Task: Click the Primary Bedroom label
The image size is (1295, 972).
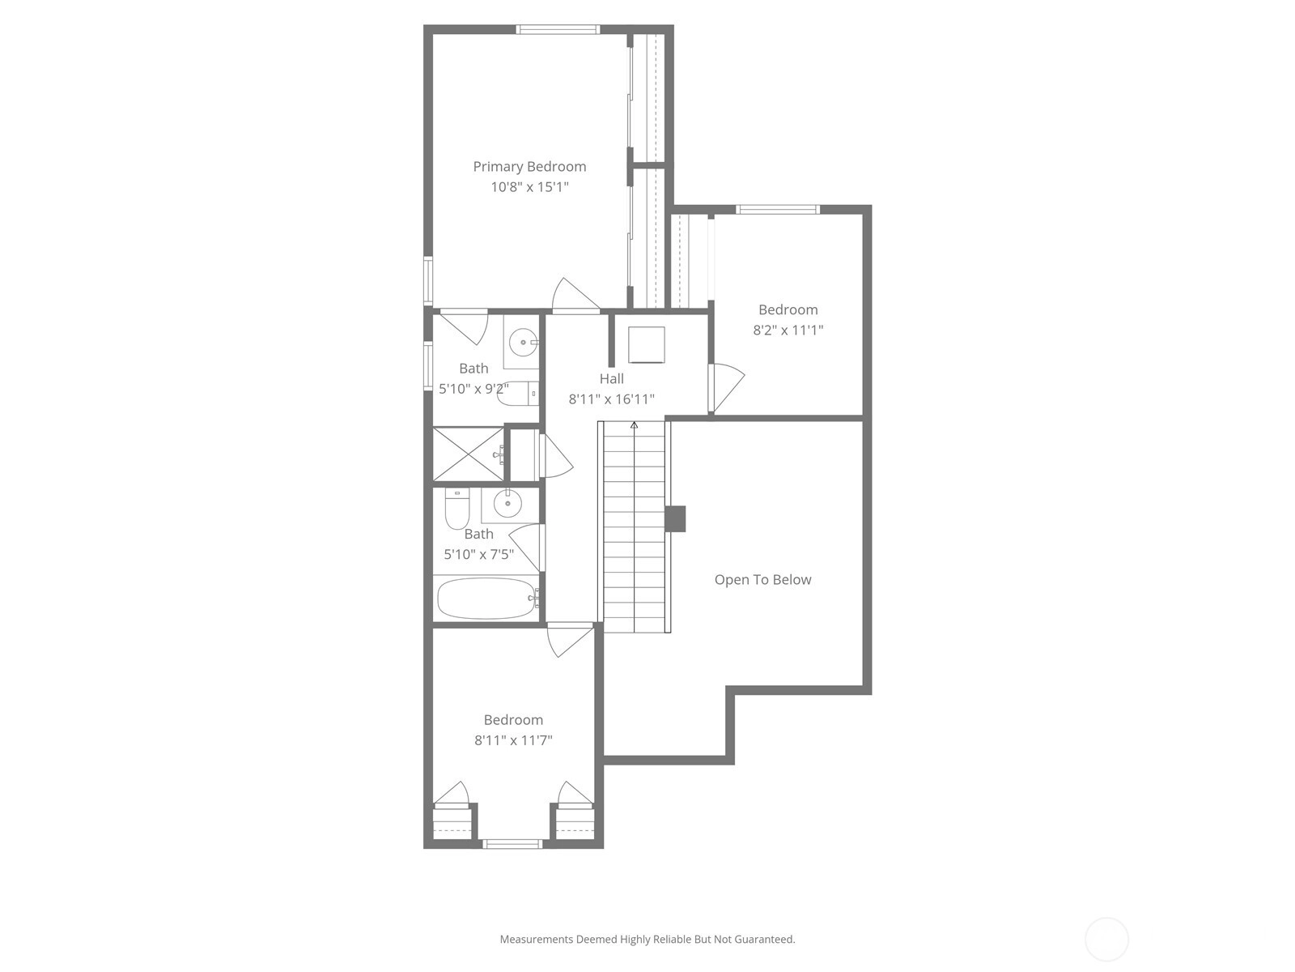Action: tap(529, 167)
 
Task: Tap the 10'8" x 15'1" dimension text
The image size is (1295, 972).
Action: tap(530, 187)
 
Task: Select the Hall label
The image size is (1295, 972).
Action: tap(611, 378)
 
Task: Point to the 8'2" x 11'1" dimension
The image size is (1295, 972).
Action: tap(788, 330)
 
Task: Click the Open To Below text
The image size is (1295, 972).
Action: tap(763, 579)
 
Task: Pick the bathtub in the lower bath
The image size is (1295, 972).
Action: tap(486, 598)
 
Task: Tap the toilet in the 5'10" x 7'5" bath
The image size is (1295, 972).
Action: tap(456, 508)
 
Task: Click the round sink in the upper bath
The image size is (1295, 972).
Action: tap(524, 343)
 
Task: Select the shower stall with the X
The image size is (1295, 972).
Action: tap(469, 454)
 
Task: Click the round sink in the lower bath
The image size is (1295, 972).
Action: tap(507, 503)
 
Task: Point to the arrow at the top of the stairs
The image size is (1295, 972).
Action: tap(635, 425)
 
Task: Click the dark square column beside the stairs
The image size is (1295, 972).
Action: tap(676, 518)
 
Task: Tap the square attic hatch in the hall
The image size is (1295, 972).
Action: tap(647, 345)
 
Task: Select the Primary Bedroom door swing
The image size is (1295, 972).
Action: tap(575, 293)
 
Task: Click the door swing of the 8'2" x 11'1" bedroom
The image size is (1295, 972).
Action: tap(727, 387)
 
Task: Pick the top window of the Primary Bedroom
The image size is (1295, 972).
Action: tap(558, 29)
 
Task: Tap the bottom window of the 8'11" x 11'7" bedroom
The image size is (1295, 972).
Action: tap(512, 844)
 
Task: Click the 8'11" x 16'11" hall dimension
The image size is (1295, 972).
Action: tap(611, 399)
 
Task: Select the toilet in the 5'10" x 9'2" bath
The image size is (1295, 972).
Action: tap(517, 394)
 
